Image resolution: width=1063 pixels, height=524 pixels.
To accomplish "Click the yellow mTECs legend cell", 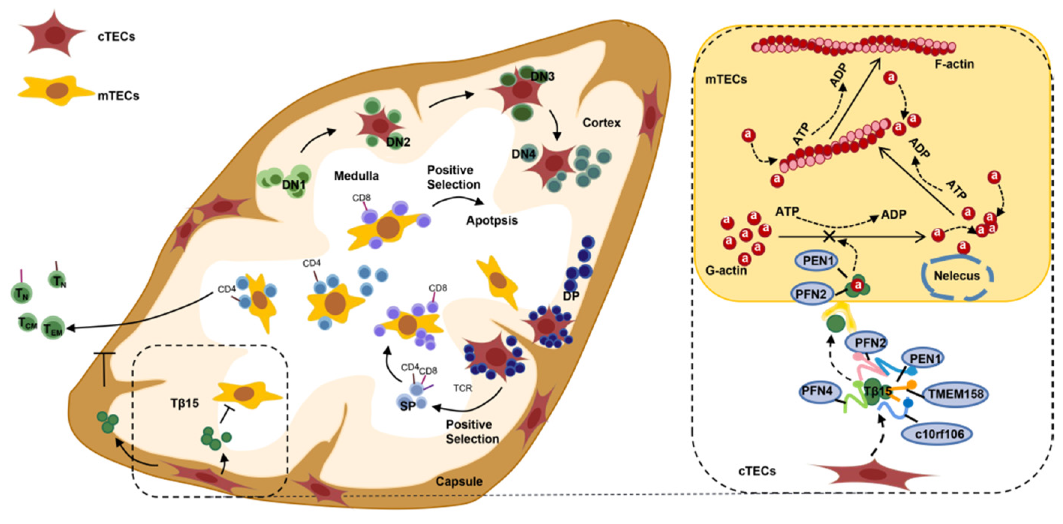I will click(56, 91).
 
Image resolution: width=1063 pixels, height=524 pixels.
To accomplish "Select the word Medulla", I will click(356, 176).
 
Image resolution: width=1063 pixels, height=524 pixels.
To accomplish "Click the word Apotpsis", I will click(492, 220).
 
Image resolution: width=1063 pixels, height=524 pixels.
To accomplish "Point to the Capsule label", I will click(459, 481).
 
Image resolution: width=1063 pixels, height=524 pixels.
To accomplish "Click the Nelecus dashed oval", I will click(956, 276).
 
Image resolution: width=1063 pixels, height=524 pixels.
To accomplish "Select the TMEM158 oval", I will click(956, 393).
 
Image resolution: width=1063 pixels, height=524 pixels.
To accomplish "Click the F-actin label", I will click(954, 64).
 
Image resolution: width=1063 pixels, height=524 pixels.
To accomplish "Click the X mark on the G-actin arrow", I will click(830, 237).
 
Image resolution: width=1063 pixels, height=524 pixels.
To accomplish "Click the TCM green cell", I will click(27, 323).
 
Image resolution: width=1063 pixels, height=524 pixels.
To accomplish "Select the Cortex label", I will click(601, 123).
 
